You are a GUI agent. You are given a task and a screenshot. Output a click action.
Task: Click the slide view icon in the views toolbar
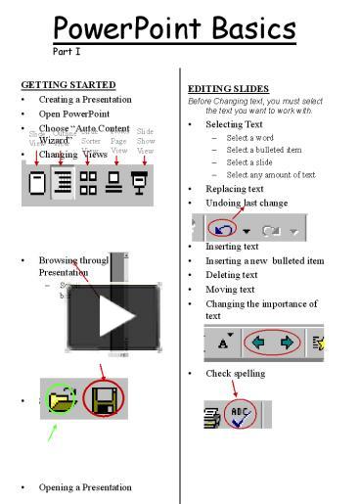(x=37, y=183)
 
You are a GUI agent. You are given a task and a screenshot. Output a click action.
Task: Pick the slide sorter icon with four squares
(x=89, y=183)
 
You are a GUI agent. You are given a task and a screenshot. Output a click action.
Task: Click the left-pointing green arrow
(x=256, y=344)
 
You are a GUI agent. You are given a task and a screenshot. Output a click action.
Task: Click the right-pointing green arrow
(x=287, y=344)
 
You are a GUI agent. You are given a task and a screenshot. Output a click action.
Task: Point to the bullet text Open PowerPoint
(x=74, y=114)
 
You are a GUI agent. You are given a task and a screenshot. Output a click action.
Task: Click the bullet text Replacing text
(x=234, y=189)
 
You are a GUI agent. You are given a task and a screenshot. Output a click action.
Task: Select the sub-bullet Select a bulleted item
(x=264, y=150)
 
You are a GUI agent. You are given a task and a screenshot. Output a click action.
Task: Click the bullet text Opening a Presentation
(x=85, y=486)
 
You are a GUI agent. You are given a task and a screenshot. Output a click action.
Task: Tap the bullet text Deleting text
(x=231, y=275)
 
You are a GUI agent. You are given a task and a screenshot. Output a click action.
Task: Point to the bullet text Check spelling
(x=235, y=373)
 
